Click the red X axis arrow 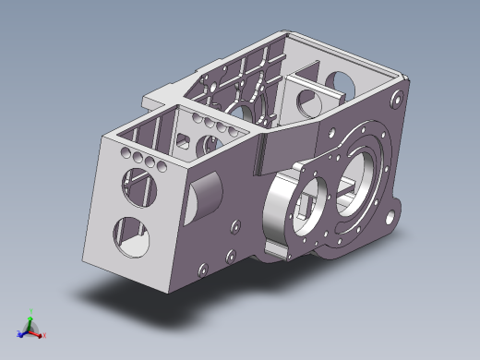(38, 333)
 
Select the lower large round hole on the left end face (129, 236)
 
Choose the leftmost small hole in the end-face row (121, 150)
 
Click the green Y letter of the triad (32, 311)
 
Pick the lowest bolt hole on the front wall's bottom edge (200, 271)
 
